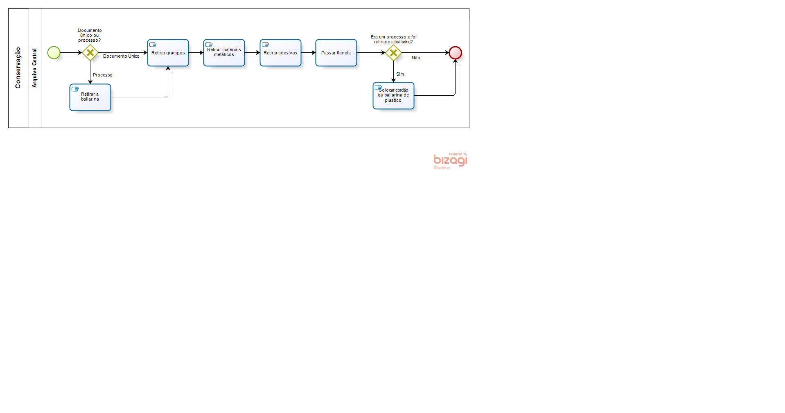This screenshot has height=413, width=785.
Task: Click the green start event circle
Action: (x=54, y=53)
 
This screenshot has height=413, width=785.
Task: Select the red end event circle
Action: (x=455, y=53)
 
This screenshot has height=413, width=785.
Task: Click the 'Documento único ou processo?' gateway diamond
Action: (x=90, y=53)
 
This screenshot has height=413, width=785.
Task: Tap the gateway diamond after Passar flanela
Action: (x=393, y=53)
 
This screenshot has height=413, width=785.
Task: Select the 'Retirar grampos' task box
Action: (x=168, y=53)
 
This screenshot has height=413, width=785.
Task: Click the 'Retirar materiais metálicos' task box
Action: (x=224, y=53)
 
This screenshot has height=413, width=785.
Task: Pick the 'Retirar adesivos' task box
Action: (x=280, y=53)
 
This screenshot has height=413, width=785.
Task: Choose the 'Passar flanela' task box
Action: (x=336, y=53)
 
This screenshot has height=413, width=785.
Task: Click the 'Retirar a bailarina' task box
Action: (x=90, y=97)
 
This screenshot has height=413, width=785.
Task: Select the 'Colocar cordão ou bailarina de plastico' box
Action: (x=393, y=96)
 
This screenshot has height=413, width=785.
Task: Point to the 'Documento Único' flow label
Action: (x=121, y=56)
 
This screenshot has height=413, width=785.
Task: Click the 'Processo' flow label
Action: (x=102, y=75)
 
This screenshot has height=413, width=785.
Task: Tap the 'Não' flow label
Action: (x=416, y=58)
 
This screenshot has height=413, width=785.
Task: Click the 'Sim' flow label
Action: (x=400, y=74)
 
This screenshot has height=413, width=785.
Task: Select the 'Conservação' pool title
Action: (x=18, y=68)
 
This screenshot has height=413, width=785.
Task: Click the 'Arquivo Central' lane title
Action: (x=34, y=68)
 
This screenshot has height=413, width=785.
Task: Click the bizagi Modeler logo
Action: (x=450, y=161)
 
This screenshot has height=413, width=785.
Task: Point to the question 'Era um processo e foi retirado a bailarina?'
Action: (x=393, y=39)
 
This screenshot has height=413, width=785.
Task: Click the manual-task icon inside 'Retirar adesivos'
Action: (x=265, y=45)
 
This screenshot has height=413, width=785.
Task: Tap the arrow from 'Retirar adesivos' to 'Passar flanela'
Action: (x=309, y=53)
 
